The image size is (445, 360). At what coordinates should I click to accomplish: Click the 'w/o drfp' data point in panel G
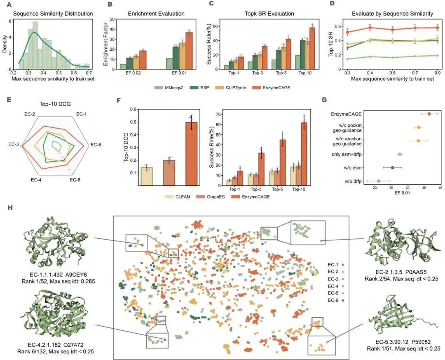[379, 181]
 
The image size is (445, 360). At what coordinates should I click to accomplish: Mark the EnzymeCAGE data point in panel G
[429, 114]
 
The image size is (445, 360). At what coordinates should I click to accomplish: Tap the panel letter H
[10, 207]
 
